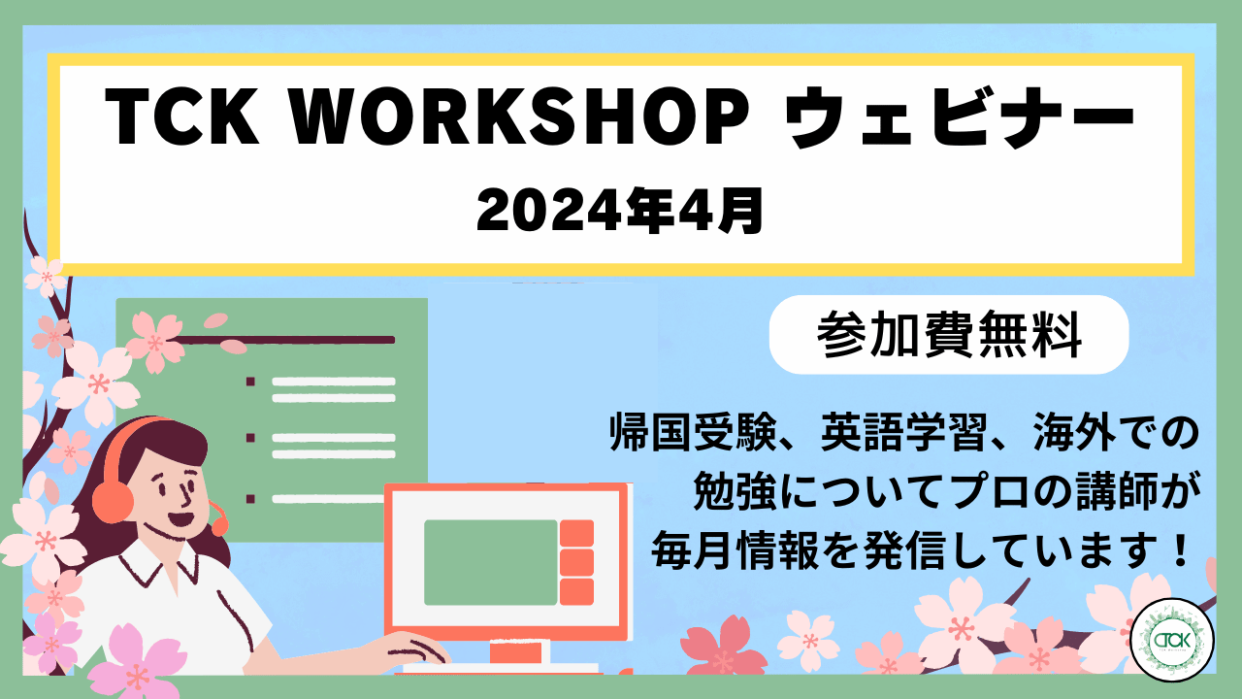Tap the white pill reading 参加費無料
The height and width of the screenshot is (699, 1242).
click(x=948, y=335)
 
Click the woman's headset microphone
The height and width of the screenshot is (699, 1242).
click(x=219, y=523)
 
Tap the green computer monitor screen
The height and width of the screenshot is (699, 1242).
click(x=490, y=562)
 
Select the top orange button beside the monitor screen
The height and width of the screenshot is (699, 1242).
click(x=576, y=533)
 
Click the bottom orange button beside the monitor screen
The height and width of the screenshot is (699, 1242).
click(x=576, y=592)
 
